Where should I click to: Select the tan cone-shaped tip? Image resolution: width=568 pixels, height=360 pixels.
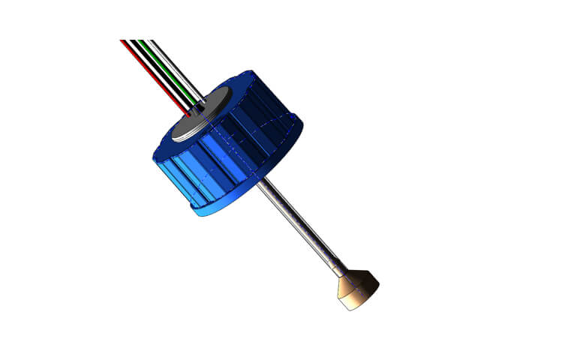click(356, 289)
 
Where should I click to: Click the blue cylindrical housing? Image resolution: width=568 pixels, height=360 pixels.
click(225, 157)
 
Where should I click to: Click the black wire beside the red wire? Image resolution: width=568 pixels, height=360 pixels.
click(155, 70)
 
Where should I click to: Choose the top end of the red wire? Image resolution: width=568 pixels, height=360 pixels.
click(122, 41)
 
